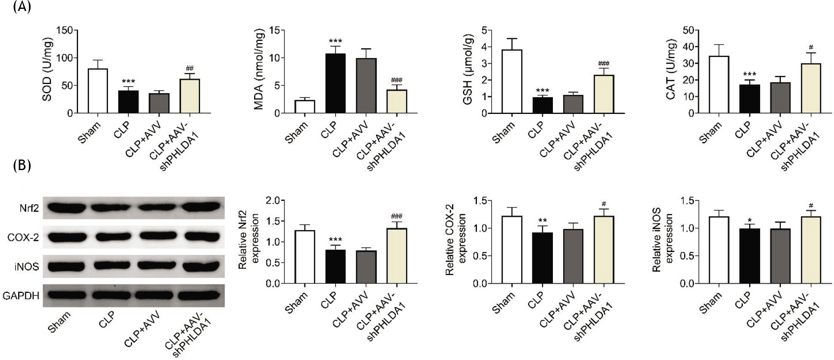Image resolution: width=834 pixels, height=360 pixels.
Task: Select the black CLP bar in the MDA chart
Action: [335, 84]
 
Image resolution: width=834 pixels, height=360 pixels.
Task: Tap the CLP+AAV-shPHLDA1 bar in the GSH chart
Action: [604, 94]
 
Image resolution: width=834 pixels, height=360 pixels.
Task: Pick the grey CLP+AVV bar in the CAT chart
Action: [780, 98]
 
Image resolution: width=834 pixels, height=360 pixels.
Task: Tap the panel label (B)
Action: [22, 166]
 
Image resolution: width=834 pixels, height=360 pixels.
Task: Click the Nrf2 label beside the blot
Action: [29, 208]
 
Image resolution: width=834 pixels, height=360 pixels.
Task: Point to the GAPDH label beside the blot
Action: [21, 296]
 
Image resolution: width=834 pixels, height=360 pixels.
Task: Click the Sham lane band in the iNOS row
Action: [67, 266]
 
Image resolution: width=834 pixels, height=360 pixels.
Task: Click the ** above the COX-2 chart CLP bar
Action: [542, 220]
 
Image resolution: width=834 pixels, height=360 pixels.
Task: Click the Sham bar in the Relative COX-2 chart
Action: [512, 250]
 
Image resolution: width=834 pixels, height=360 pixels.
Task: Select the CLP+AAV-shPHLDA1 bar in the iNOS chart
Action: [811, 250]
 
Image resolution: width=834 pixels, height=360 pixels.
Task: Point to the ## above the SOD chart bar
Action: [190, 68]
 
